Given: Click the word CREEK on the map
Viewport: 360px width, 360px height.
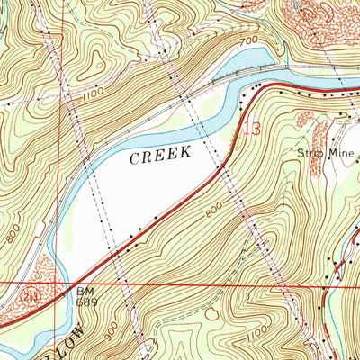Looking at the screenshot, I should (160, 155).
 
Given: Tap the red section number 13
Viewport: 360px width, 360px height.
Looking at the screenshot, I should (252, 130).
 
